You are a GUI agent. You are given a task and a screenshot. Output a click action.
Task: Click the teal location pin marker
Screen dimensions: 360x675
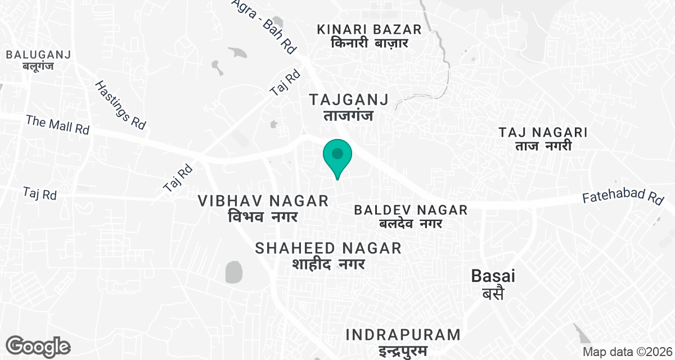pos(337,156)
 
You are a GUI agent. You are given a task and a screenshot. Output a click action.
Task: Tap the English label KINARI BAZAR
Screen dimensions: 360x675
pos(368,29)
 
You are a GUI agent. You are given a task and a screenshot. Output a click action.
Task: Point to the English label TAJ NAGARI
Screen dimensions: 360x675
pos(543,133)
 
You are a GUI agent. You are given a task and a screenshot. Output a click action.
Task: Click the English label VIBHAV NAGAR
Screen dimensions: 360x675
pos(263,201)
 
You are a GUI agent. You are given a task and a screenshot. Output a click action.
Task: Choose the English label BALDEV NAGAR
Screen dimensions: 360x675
pos(411,210)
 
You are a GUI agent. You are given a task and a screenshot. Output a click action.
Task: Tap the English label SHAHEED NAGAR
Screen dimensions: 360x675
pos(328,248)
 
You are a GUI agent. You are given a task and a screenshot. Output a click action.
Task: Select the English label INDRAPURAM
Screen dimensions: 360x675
pos(403,335)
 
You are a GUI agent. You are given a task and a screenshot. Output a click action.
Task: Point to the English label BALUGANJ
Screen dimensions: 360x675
pos(37,55)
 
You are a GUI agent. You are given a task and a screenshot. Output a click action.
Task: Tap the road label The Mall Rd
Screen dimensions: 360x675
pos(58,125)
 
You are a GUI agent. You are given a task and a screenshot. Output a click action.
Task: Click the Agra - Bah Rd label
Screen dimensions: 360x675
pos(264,25)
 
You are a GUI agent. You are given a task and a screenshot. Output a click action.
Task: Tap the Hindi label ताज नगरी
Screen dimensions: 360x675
pos(543,146)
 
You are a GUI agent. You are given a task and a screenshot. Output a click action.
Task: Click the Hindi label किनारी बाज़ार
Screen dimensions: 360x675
pos(368,43)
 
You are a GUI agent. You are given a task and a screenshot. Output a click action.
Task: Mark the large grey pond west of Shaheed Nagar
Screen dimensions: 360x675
pos(233,272)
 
